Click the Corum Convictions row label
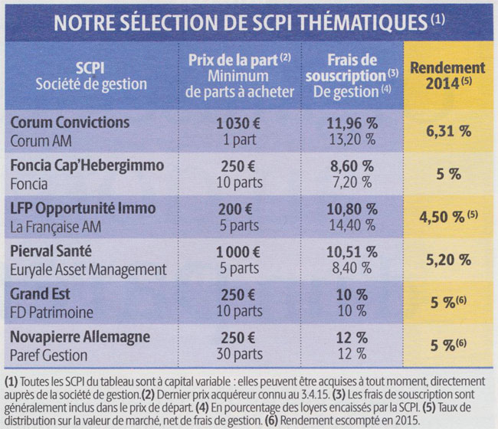click(x=70, y=123)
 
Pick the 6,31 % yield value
click(x=448, y=131)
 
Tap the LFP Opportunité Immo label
click(x=84, y=208)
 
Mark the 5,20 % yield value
click(x=448, y=260)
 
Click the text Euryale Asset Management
click(x=88, y=269)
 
